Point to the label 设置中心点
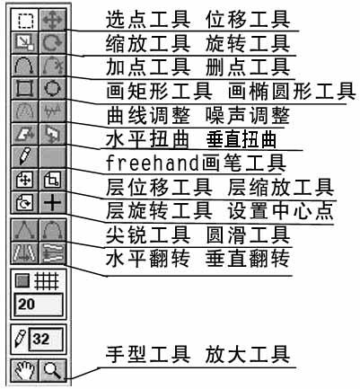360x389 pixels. pos(283,210)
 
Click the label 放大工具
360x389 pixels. pos(266,353)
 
